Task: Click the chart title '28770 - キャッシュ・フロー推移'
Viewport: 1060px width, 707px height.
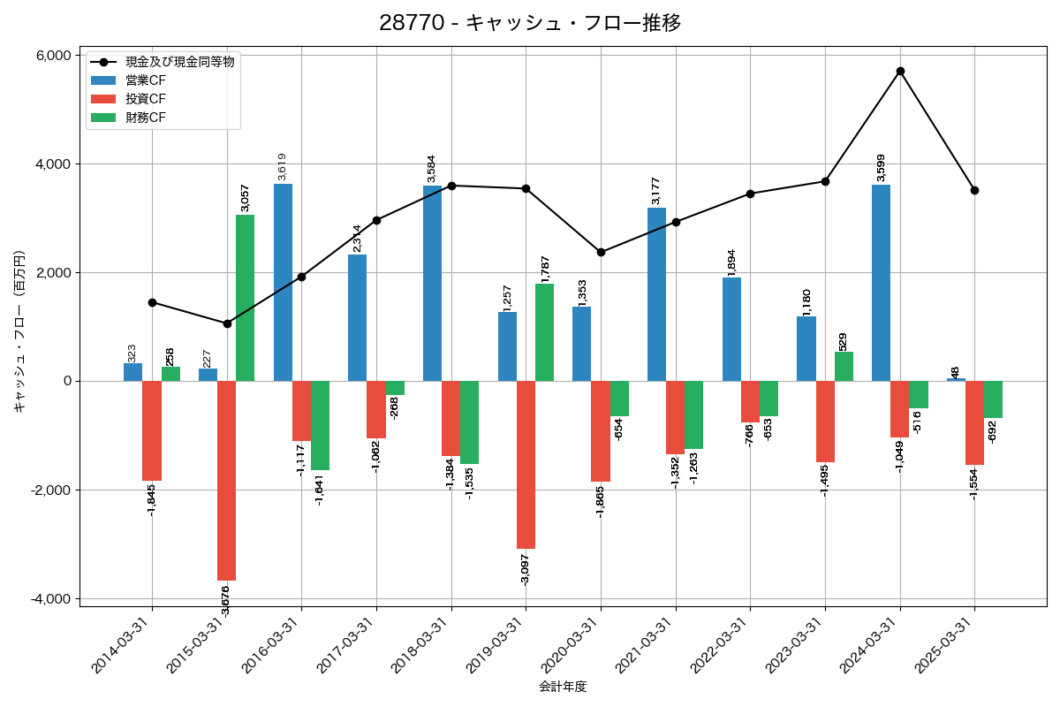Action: tap(530, 23)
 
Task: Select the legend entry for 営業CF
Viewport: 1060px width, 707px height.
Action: tap(145, 80)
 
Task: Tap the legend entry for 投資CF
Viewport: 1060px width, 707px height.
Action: tap(145, 99)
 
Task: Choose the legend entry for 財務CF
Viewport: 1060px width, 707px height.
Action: tap(145, 118)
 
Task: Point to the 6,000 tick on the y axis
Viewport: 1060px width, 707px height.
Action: tap(52, 56)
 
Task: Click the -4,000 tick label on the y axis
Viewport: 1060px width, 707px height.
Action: tap(50, 599)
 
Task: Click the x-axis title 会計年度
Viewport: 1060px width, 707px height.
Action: tap(563, 687)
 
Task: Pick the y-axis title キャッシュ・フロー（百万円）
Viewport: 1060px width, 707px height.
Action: tap(19, 331)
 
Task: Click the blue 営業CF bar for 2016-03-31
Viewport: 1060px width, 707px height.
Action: tap(283, 283)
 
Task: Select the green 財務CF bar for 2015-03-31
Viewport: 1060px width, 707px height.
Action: tap(245, 298)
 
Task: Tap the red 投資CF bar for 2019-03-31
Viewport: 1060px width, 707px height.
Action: tap(526, 465)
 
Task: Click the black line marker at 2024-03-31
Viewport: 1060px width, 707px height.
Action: tap(900, 71)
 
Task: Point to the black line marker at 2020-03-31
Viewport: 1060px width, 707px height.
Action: tap(601, 252)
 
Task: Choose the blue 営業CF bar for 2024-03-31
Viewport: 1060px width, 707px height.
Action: tap(881, 283)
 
